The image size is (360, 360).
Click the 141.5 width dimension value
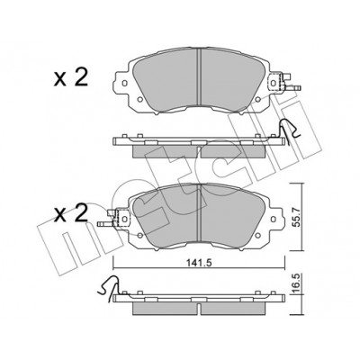(199, 263)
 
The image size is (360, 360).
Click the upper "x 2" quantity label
(71, 78)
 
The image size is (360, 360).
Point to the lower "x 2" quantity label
(71, 214)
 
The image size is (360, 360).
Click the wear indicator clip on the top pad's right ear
(285, 82)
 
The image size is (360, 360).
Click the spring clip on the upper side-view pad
(289, 130)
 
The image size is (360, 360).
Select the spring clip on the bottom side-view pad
(109, 285)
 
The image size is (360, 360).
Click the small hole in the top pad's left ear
(125, 83)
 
